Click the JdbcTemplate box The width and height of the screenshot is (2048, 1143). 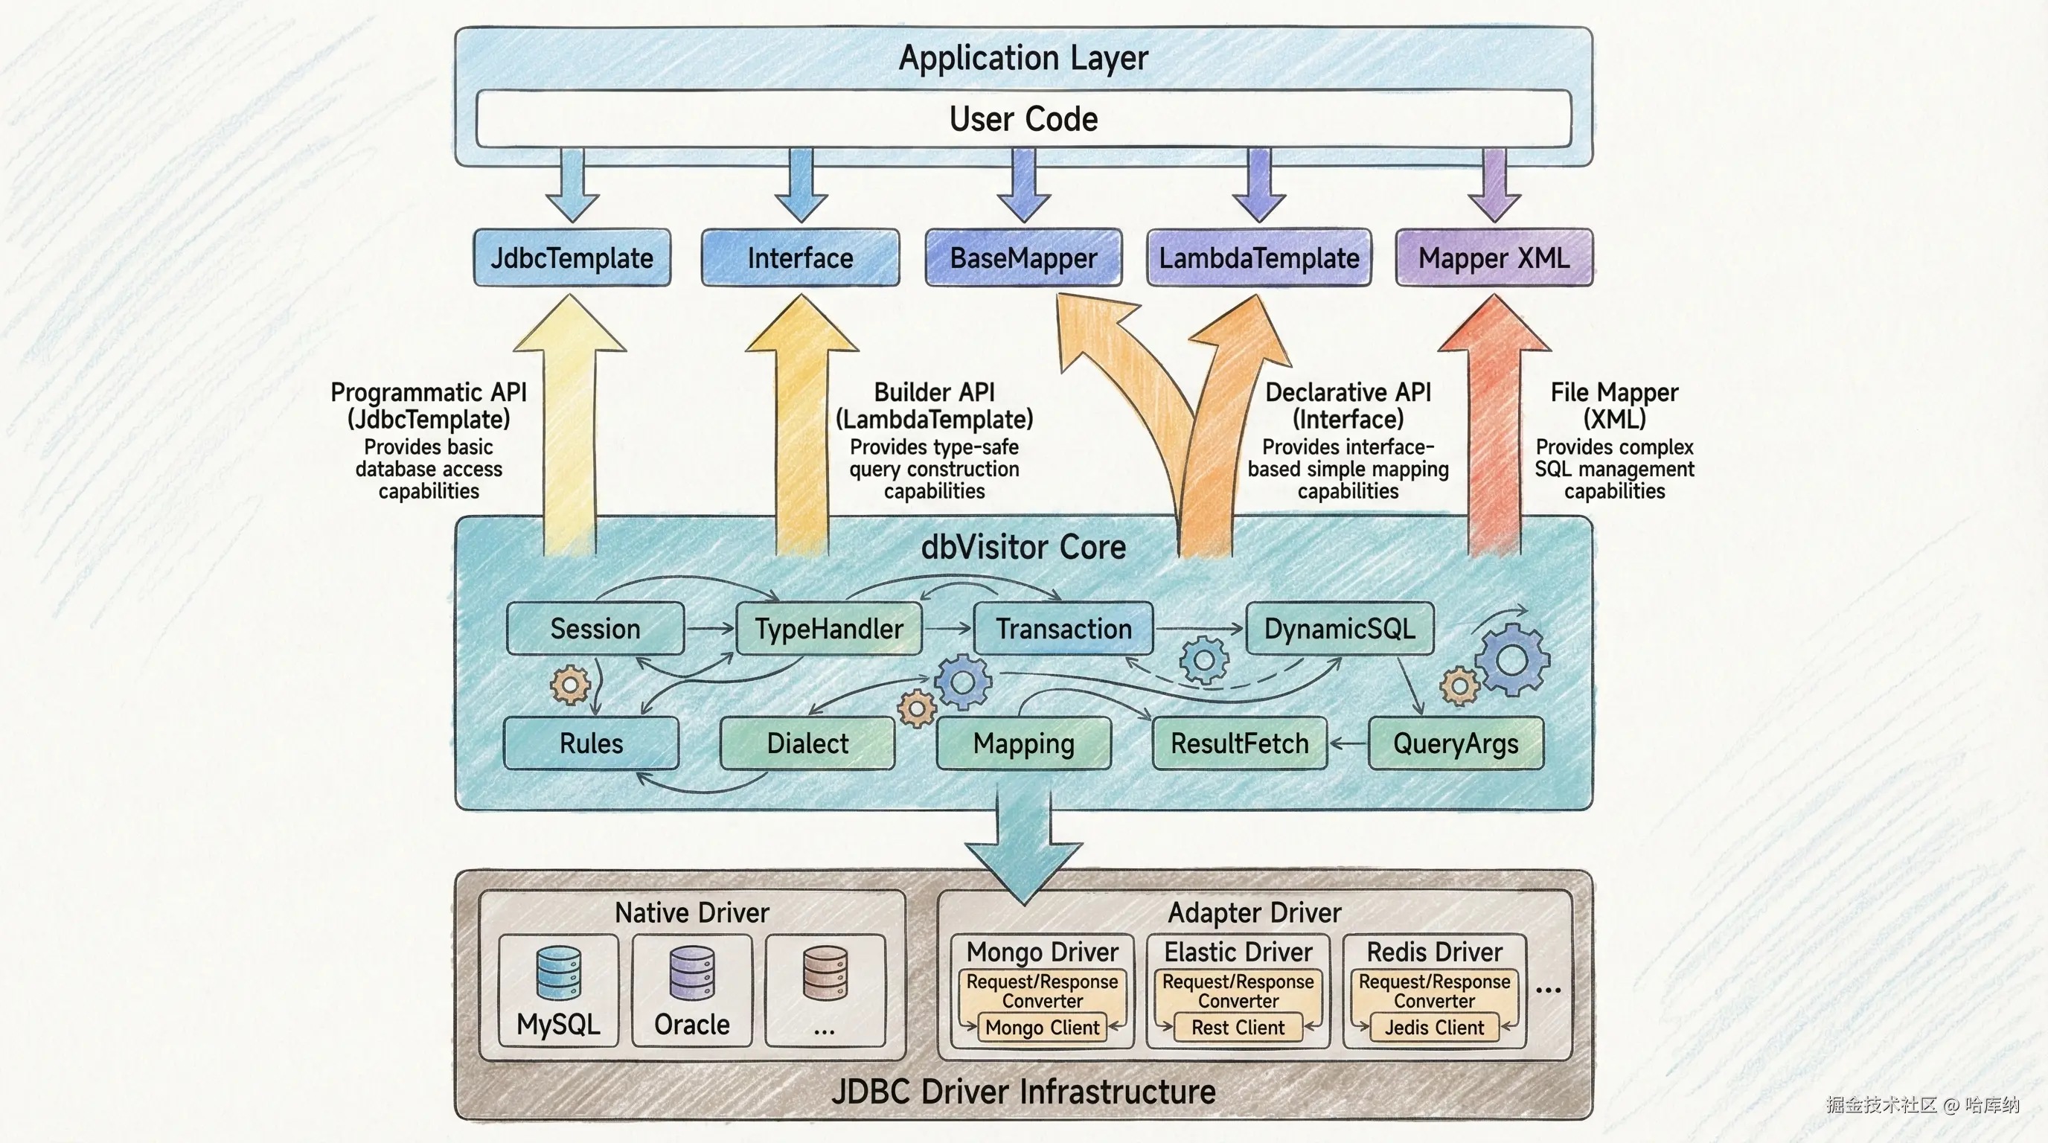572,257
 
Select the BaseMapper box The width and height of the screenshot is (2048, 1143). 1023,257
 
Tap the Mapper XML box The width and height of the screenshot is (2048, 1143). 1494,257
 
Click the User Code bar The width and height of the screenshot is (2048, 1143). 1023,119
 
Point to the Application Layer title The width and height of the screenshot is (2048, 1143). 1023,58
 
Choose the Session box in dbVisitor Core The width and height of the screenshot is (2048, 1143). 595,629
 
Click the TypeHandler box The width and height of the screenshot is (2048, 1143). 828,629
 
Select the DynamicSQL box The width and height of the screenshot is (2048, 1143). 1340,629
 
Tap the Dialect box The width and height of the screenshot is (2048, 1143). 807,743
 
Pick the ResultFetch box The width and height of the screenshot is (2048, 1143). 1240,743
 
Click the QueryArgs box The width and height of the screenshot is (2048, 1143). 1456,743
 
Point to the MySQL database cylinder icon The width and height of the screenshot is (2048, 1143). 558,972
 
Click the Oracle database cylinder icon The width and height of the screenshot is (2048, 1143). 691,972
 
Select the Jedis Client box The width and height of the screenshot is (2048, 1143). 1434,1028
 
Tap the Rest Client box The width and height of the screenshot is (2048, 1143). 1238,1028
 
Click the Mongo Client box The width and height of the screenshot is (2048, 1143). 1043,1028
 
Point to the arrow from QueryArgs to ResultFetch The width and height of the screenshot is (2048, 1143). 1348,744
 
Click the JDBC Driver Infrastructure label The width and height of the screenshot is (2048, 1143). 1023,1092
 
